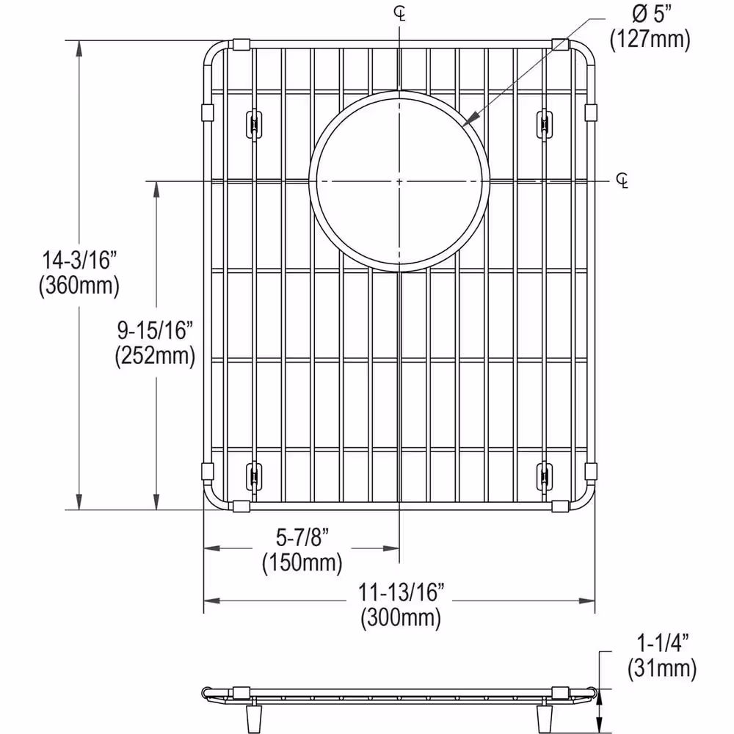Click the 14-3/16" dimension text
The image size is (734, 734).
click(x=79, y=260)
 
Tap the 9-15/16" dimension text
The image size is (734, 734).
click(x=155, y=330)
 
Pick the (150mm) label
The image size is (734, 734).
click(x=302, y=563)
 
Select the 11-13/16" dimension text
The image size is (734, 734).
click(x=401, y=592)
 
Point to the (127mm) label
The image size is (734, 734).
click(x=650, y=40)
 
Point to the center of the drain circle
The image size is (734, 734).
click(x=399, y=181)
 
